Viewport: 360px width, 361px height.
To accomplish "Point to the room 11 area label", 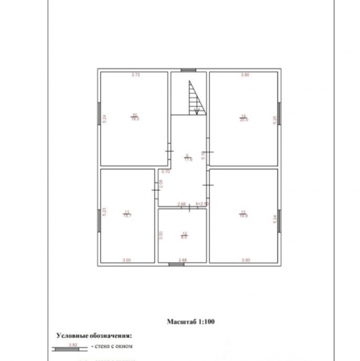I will click(128, 214).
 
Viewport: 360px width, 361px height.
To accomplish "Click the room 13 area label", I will click(243, 214).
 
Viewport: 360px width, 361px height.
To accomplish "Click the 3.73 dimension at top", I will click(134, 75).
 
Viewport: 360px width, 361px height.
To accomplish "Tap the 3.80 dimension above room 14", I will click(245, 75).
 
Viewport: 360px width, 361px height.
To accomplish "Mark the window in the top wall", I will click(188, 69).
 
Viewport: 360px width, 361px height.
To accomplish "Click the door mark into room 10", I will click(170, 152).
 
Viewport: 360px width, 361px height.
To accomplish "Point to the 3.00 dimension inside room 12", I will click(162, 235).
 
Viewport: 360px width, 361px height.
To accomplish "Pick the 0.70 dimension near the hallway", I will click(165, 172).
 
